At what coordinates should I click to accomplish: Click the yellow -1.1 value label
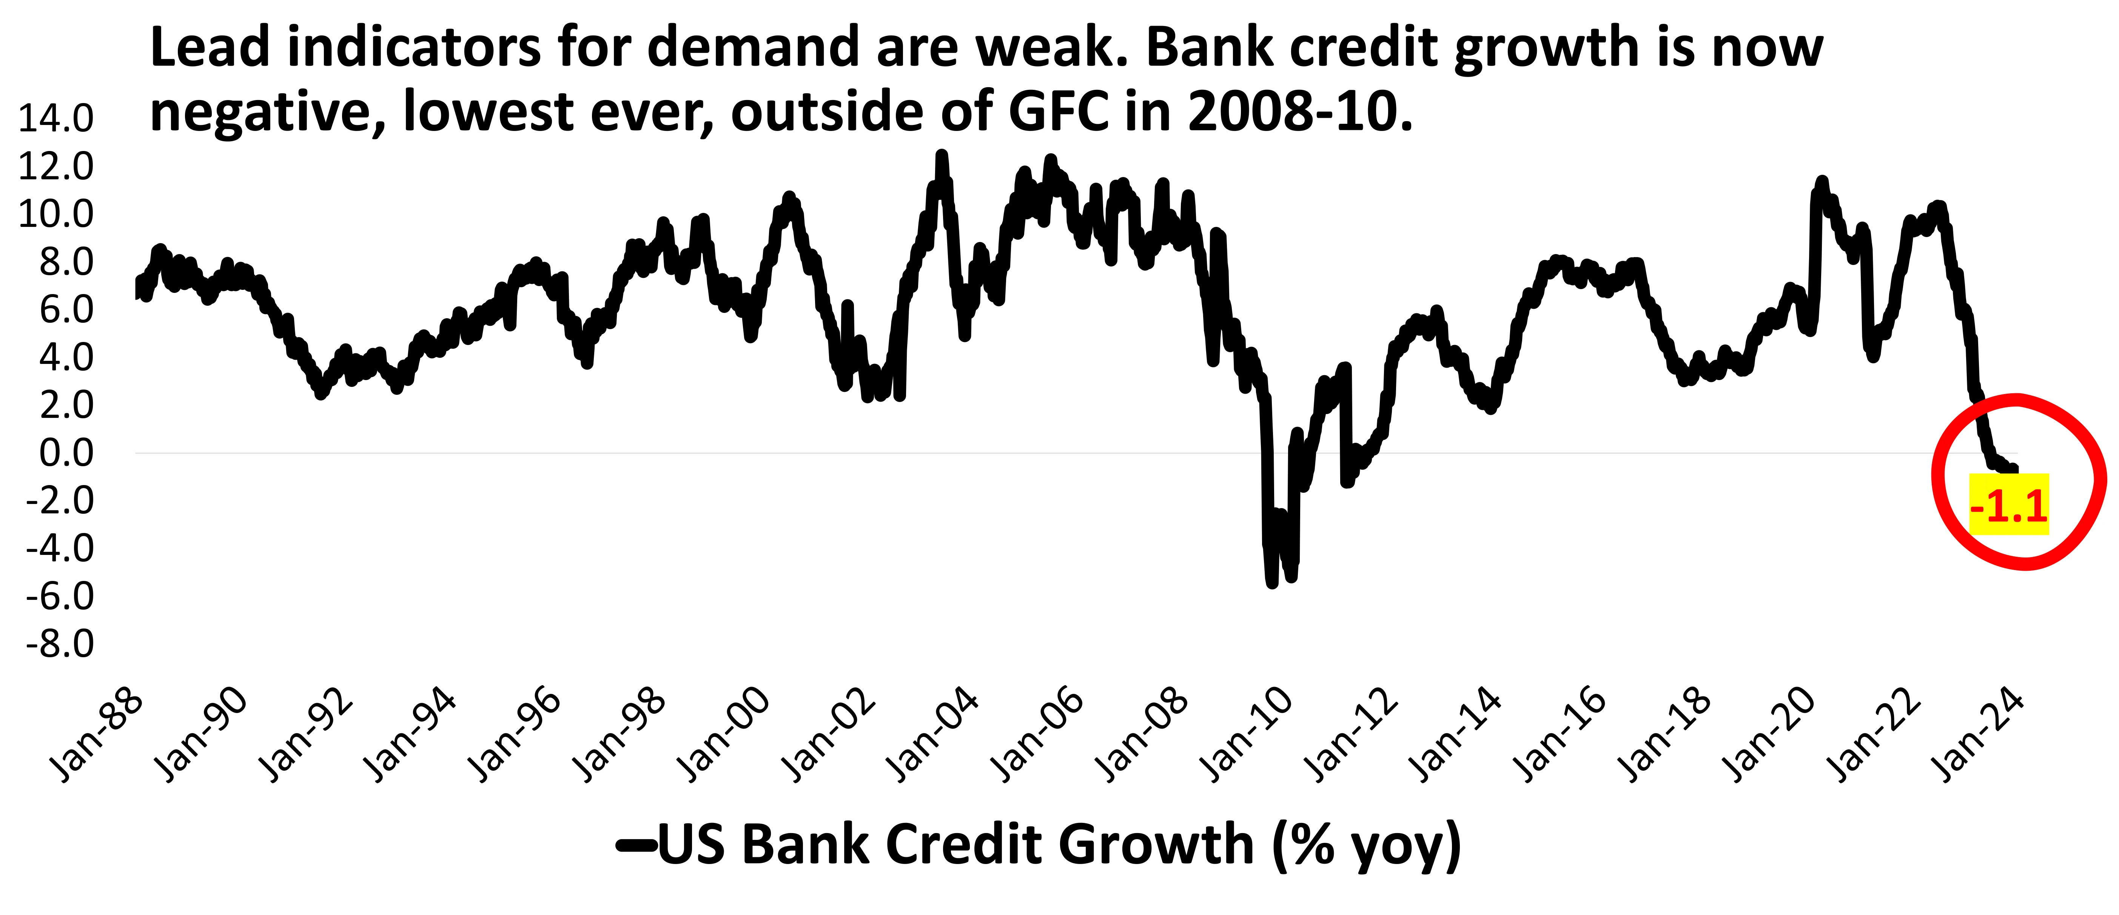click(2008, 505)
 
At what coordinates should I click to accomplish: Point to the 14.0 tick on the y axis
click(56, 119)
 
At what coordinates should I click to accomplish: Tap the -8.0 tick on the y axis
click(59, 644)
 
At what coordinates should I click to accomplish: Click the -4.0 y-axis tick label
click(59, 548)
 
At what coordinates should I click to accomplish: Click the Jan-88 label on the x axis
click(97, 735)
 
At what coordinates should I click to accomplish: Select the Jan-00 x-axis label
click(724, 735)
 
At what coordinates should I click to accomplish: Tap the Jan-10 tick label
click(1246, 735)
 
